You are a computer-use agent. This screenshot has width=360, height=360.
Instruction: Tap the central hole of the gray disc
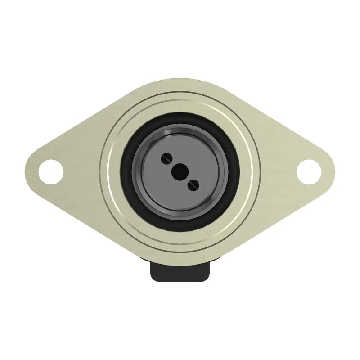[x=180, y=171]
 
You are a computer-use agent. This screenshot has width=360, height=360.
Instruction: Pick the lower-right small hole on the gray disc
[x=193, y=183]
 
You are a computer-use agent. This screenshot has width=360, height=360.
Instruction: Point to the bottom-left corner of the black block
[x=152, y=280]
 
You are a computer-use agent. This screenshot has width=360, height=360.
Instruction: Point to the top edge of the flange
[x=180, y=79]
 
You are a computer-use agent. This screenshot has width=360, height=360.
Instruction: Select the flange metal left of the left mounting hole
[x=33, y=170]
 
